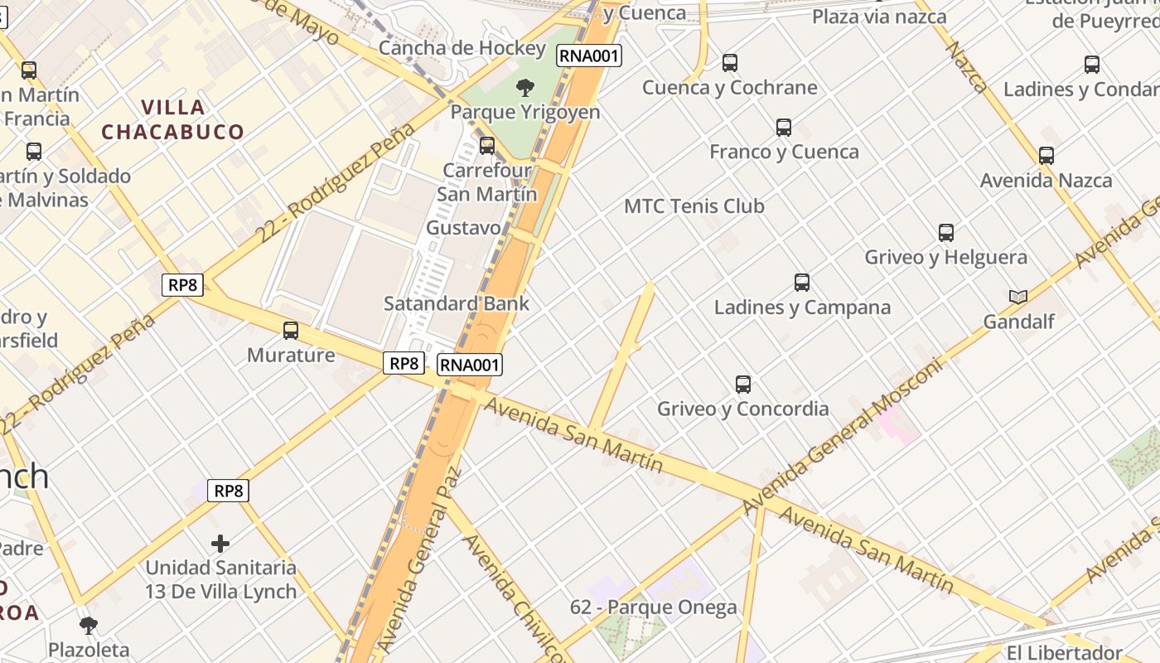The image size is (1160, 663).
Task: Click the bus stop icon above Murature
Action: pyautogui.click(x=291, y=331)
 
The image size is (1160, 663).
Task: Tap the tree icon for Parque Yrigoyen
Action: pyautogui.click(x=524, y=88)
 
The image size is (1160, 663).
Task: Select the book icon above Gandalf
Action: pyautogui.click(x=1018, y=297)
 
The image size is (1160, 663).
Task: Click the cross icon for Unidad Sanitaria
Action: pyautogui.click(x=220, y=544)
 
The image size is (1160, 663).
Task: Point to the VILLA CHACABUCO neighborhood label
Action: pyautogui.click(x=173, y=119)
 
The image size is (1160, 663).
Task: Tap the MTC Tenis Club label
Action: pyautogui.click(x=694, y=206)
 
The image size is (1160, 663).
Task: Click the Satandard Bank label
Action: pyautogui.click(x=457, y=303)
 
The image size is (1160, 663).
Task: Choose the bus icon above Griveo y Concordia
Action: pyautogui.click(x=743, y=385)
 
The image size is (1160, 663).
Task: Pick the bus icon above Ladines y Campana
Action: pyautogui.click(x=802, y=283)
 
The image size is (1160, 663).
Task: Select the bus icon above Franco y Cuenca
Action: pyautogui.click(x=784, y=128)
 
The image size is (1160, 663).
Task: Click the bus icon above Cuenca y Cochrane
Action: pyautogui.click(x=730, y=63)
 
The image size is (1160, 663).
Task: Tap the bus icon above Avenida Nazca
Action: pyautogui.click(x=1046, y=156)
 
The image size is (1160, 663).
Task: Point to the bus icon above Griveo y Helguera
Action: pyautogui.click(x=946, y=233)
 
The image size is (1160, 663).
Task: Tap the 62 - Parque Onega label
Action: pyautogui.click(x=653, y=607)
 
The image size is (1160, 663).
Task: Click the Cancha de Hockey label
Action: pyautogui.click(x=462, y=48)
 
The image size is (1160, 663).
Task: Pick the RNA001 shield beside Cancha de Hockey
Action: pyautogui.click(x=588, y=56)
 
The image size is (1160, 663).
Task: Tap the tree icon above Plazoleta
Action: pyautogui.click(x=89, y=626)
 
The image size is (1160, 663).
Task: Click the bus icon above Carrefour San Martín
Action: pyautogui.click(x=487, y=146)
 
